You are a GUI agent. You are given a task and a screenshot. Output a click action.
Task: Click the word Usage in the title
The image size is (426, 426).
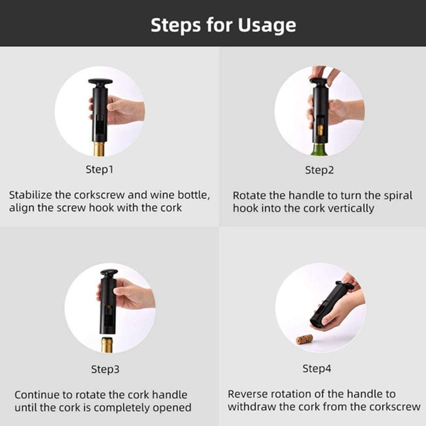[x=267, y=26]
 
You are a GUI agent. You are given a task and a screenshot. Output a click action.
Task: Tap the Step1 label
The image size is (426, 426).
[x=99, y=170]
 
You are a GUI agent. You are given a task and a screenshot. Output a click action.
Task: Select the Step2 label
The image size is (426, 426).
[x=319, y=170]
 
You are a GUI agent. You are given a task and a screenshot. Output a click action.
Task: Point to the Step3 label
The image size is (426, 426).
[x=105, y=369]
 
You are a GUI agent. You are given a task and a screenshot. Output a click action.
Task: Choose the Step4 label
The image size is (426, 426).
[x=317, y=368]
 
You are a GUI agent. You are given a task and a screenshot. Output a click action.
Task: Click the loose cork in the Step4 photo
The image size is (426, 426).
[x=304, y=340]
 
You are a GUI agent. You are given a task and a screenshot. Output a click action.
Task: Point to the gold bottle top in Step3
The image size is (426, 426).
[x=107, y=345]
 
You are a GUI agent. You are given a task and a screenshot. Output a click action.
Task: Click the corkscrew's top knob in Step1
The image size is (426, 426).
[x=100, y=82]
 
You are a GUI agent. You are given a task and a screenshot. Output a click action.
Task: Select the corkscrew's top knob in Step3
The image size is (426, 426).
[x=109, y=273]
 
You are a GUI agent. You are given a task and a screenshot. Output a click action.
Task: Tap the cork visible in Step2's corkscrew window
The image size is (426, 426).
[x=321, y=130]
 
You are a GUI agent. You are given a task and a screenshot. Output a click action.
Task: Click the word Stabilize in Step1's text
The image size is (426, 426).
[x=30, y=195]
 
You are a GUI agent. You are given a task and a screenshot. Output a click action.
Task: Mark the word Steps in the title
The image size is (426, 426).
[x=176, y=25]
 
